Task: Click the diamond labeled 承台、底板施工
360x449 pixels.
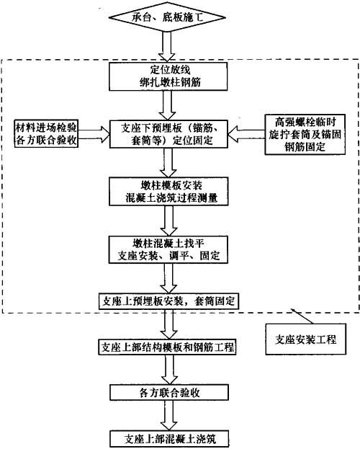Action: pos(168,17)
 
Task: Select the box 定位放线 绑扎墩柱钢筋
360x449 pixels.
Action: pos(168,76)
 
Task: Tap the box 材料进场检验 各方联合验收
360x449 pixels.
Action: pos(46,134)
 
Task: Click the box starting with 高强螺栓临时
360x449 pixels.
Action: pos(305,134)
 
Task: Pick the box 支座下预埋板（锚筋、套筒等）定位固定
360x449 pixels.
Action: pos(168,134)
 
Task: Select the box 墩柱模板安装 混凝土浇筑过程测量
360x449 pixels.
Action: pos(168,191)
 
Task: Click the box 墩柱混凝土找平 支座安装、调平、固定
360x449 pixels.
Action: pos(168,249)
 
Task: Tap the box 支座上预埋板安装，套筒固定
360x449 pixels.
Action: pos(168,301)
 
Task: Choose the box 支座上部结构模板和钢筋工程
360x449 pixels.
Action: pos(168,347)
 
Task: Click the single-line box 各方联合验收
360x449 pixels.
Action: pos(169,392)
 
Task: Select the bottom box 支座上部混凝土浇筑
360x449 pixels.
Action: pos(169,439)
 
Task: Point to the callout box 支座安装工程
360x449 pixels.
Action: pos(305,339)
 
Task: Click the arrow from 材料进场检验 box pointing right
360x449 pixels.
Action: pos(94,134)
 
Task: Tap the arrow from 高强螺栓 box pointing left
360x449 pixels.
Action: pos(247,134)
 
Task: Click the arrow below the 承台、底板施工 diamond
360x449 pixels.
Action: pos(167,46)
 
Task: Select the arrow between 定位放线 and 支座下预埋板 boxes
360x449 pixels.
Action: pos(168,105)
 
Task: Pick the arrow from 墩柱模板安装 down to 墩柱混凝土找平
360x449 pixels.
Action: pos(168,221)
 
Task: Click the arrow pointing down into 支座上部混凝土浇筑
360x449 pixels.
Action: pos(168,416)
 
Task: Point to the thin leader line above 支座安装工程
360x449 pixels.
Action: pos(302,316)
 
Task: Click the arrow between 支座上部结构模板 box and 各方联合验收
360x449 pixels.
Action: pos(168,370)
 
